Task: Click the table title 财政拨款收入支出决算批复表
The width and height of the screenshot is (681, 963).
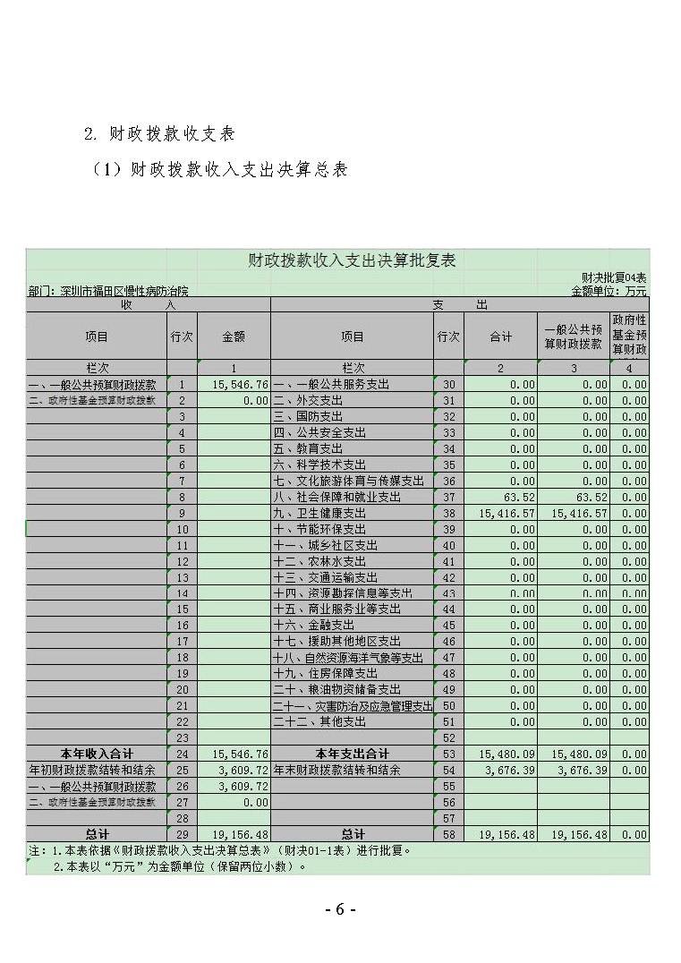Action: [x=352, y=260]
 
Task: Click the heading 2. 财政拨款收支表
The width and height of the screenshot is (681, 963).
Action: [x=159, y=133]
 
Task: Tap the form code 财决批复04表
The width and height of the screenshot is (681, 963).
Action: [x=614, y=278]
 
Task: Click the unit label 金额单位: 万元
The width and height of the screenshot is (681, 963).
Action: [x=609, y=291]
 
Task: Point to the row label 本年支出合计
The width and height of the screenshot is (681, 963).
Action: [x=352, y=754]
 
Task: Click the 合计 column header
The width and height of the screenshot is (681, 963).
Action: [x=500, y=337]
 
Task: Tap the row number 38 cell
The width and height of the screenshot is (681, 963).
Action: [x=448, y=514]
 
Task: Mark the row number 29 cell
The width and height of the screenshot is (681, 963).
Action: [x=182, y=835]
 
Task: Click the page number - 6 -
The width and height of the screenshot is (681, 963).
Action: [x=340, y=909]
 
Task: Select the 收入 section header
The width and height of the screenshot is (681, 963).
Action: [x=148, y=305]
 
